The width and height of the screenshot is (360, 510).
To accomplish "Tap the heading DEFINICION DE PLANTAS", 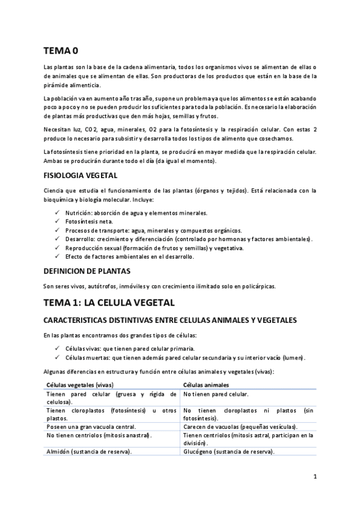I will (87, 271).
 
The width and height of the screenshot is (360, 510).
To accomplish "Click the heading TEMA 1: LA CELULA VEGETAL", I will (109, 302).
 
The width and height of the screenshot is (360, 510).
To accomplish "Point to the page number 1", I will (314, 476).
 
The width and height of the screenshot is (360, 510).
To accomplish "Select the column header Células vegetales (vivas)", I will (80, 384).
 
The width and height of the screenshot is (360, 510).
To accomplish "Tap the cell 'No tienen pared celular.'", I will (216, 394).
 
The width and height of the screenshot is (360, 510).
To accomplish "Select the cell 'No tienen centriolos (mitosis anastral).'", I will (99, 435).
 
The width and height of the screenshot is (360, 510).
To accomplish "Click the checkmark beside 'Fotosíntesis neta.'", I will (56, 221).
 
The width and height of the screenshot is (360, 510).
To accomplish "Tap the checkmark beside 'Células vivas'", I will (56, 348).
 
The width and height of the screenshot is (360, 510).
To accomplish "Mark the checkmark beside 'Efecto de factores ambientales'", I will (56, 256).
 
